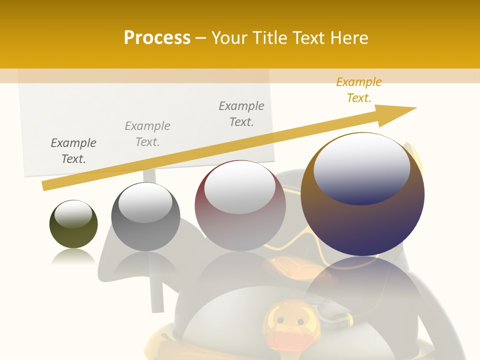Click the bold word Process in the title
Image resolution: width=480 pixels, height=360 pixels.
(157, 38)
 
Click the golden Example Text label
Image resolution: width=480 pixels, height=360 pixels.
(358, 90)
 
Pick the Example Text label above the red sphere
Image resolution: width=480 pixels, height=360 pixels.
(241, 113)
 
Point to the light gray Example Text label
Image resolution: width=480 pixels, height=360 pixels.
(147, 133)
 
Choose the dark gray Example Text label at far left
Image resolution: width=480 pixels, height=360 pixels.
(73, 150)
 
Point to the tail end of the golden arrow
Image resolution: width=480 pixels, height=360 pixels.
(46, 185)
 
